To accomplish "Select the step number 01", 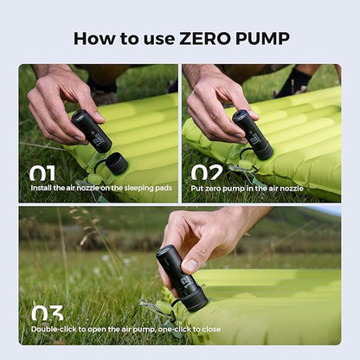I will pyautogui.click(x=43, y=172).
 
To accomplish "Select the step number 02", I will pyautogui.click(x=206, y=172).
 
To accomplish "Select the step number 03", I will pyautogui.click(x=46, y=312).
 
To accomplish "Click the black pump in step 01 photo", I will pyautogui.click(x=92, y=131).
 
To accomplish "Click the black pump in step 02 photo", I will pyautogui.click(x=252, y=133).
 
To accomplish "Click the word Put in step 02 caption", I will pyautogui.click(x=198, y=188).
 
